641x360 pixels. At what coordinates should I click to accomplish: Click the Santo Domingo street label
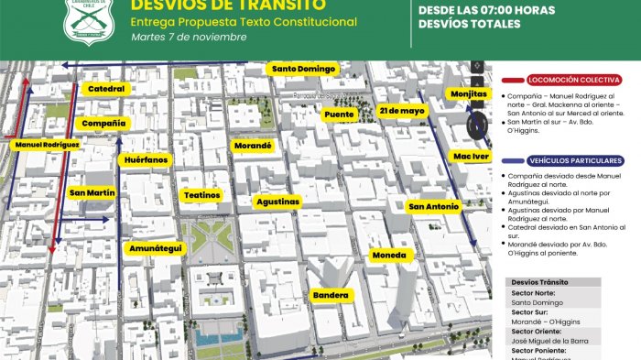pos(304,69)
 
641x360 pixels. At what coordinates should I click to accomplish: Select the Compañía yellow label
pos(103,123)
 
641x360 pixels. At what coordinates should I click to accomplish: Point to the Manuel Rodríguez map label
pos(47,144)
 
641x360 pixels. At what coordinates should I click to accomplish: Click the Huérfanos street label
pos(147,159)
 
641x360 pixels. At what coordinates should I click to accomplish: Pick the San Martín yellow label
pos(92,193)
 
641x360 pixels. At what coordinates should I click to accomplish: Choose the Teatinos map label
pos(201,195)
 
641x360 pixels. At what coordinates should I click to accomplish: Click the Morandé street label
pos(254,146)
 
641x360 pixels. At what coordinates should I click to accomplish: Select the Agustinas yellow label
pos(277,201)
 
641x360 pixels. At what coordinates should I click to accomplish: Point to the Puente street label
pos(339,115)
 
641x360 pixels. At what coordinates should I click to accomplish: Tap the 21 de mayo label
pos(401,110)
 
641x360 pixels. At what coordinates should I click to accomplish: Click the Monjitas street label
pos(469,93)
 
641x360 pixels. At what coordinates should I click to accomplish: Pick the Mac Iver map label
pos(472,157)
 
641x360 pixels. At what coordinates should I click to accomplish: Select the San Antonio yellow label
pos(433,207)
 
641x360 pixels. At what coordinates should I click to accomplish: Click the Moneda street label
pos(387,255)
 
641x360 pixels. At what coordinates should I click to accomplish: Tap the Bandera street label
pos(331,295)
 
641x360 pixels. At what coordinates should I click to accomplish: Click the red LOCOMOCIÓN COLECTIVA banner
pos(562,80)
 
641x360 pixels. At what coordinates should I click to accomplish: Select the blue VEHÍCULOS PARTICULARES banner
pos(562,160)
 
